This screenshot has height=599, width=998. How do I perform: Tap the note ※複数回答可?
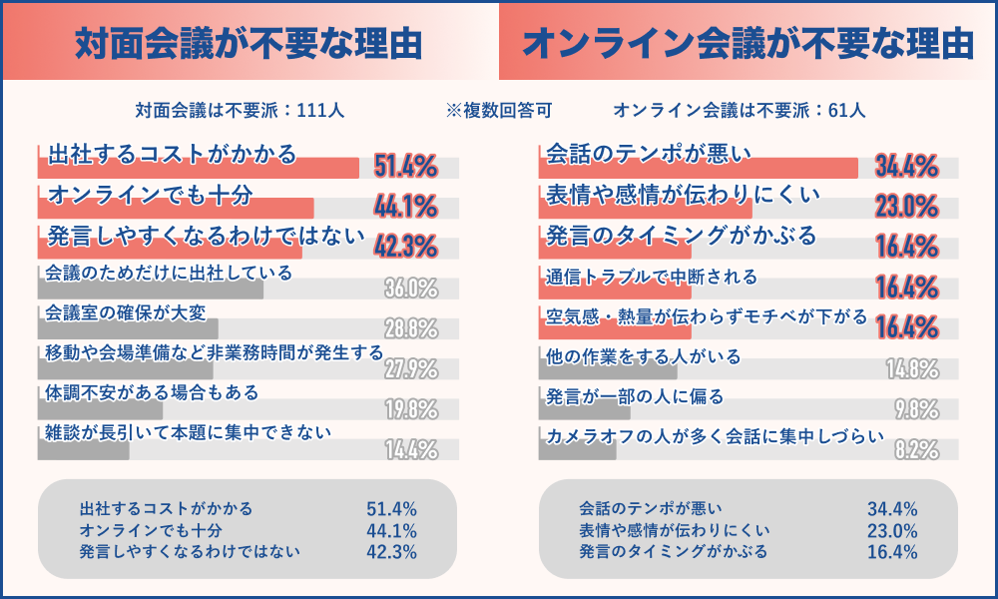coord(499,110)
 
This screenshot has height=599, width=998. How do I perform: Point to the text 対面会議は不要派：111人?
coord(241,110)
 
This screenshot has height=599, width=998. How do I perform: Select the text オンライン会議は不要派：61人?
coord(739,110)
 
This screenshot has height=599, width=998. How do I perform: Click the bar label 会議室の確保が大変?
coord(126,312)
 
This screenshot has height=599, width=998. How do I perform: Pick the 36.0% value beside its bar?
coord(411,290)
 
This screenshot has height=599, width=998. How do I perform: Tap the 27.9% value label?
coord(411,370)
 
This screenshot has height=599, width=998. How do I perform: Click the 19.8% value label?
coord(411,410)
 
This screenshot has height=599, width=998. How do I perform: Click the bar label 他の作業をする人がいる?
coord(644,355)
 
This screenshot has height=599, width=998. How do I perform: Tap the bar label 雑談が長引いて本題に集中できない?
coord(189,432)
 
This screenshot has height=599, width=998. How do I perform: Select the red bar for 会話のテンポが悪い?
coord(699,169)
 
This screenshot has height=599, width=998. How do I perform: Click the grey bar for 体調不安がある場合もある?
coord(100,409)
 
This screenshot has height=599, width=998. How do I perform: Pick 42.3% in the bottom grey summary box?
coord(391,551)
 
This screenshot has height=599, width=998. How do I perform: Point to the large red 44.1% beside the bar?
coord(405,208)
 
